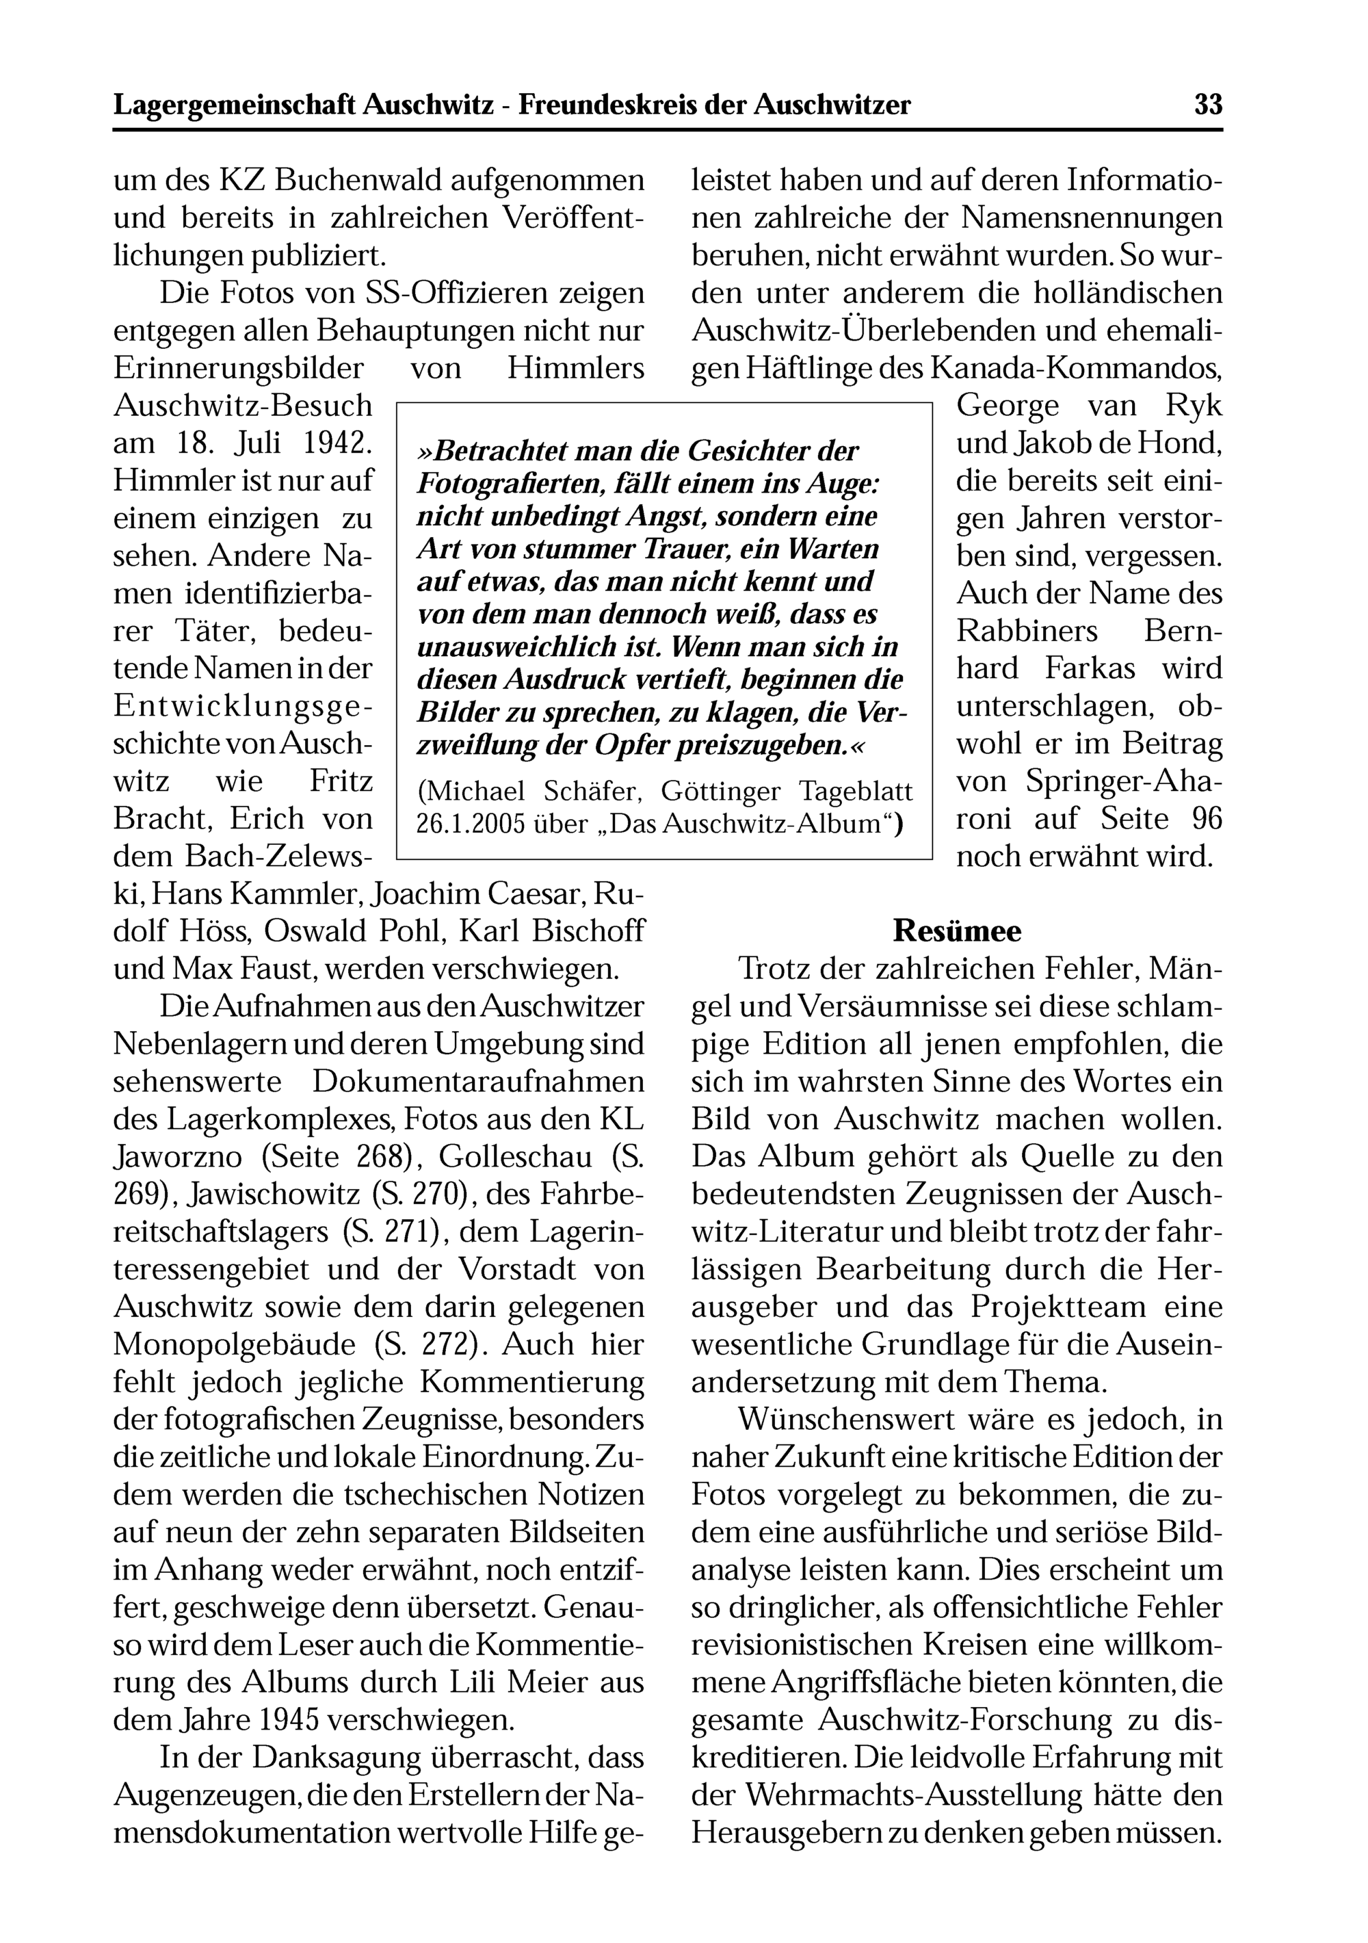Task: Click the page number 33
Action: (x=1208, y=105)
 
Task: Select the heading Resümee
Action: (x=957, y=931)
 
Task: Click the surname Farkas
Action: (x=1090, y=668)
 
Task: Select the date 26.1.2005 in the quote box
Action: (x=469, y=824)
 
